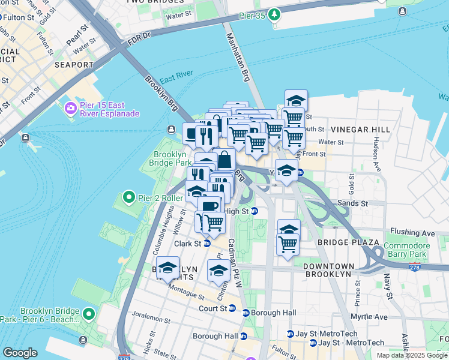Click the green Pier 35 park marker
pos(274,14)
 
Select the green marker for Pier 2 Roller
pos(128,197)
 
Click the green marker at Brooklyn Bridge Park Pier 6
pos(89,314)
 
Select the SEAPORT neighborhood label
pos(74,65)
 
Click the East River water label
pos(176,78)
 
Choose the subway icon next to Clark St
pos(206,244)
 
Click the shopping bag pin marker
pos(224,161)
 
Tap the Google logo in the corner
pos(20,353)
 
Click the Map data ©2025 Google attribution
pos(412,355)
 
